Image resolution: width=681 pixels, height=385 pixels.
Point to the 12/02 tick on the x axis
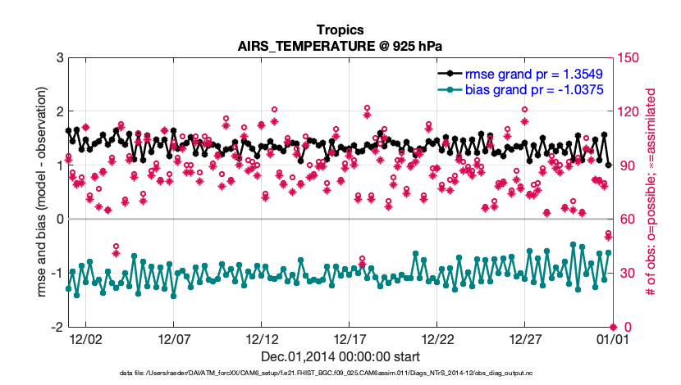coord(85,338)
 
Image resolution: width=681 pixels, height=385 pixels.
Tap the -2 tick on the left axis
coord(57,327)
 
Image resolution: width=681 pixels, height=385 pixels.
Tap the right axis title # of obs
coord(651,192)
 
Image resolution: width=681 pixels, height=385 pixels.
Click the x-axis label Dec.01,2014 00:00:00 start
coord(340,356)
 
